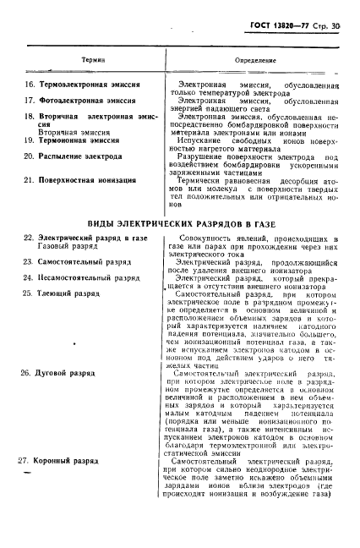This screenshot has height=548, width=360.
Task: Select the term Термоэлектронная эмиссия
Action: (x=79, y=86)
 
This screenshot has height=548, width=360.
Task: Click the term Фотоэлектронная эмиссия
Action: (x=77, y=100)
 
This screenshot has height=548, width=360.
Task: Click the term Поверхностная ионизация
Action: (x=79, y=180)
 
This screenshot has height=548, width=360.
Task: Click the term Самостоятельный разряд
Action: (x=81, y=263)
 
